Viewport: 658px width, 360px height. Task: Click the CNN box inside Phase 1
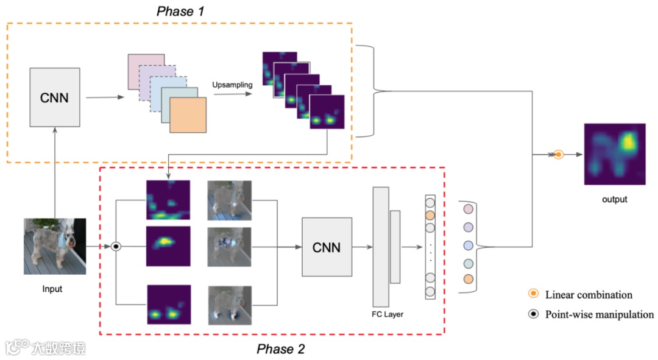(55, 97)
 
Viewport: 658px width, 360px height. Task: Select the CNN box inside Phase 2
(327, 247)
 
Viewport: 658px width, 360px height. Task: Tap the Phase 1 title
(180, 12)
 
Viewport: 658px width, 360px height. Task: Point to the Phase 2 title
(281, 348)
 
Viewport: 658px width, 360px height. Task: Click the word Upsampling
(232, 85)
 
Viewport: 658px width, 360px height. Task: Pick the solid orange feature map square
(188, 115)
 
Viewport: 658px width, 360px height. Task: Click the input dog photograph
(55, 246)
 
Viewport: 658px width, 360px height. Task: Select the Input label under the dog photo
(52, 289)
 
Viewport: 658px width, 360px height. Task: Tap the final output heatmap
(615, 154)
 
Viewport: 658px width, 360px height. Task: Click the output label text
(614, 199)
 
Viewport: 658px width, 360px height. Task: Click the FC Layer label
(387, 314)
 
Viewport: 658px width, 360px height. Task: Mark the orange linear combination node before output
(558, 154)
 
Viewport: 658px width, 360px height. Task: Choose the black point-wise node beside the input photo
(116, 246)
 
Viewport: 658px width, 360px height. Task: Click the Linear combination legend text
(589, 295)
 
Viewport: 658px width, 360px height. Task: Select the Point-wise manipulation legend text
(600, 314)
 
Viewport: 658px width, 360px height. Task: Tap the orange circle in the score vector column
(430, 216)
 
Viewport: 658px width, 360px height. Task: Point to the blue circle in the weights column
(469, 245)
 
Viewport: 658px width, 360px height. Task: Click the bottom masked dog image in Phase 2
(230, 305)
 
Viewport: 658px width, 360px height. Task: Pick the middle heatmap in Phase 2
(168, 246)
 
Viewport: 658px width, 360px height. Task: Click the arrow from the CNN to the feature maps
(105, 97)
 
